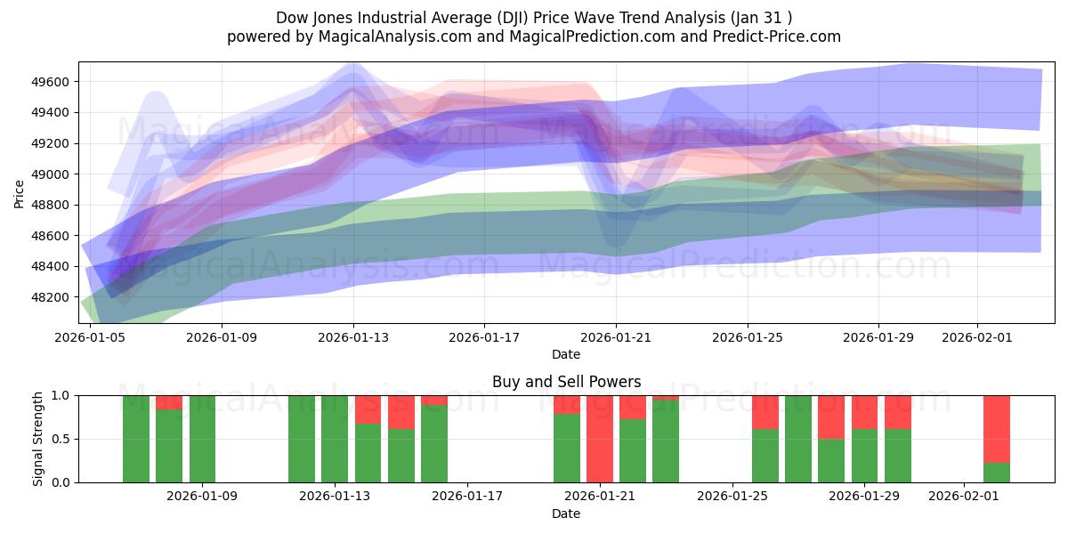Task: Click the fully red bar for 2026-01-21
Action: [600, 439]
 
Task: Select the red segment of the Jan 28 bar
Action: [831, 417]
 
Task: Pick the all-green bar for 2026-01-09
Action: [202, 439]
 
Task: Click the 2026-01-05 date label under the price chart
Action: [90, 337]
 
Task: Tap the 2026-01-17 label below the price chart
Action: [484, 337]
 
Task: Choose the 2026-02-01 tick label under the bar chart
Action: [964, 497]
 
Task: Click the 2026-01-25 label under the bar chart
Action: [732, 497]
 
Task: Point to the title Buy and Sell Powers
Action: [566, 382]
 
